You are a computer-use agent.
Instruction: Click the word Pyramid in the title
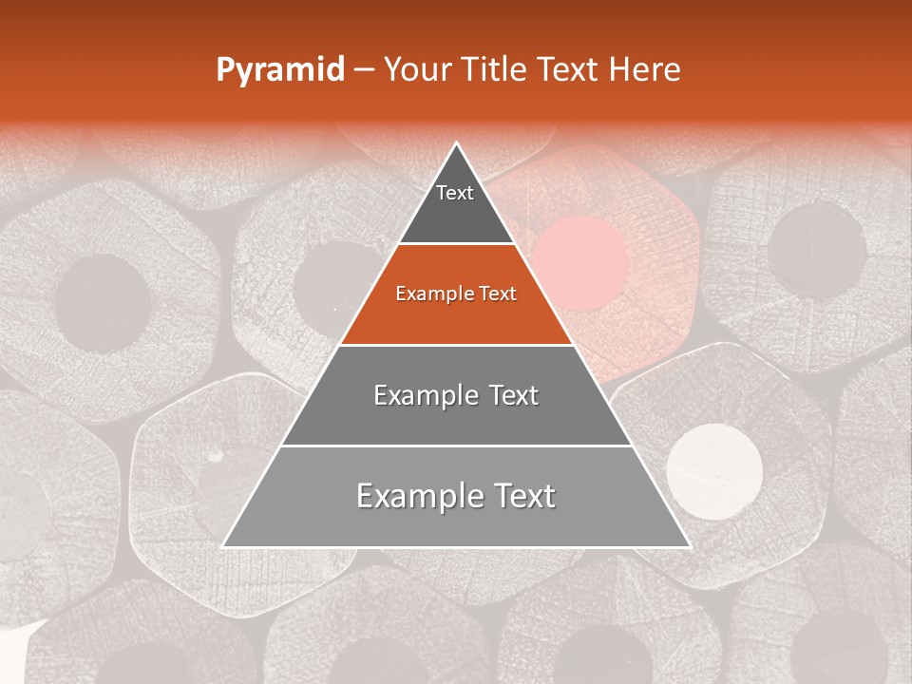[279, 70]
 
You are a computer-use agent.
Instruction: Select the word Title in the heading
[494, 70]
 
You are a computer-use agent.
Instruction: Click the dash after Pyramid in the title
[364, 70]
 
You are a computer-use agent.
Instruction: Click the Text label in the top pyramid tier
[455, 194]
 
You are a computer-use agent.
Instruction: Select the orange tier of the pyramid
[456, 318]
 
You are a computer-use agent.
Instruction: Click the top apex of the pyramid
[457, 144]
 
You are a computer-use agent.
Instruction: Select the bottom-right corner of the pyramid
[689, 545]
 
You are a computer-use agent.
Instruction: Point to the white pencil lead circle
[714, 471]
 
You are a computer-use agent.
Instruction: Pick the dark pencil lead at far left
[102, 304]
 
